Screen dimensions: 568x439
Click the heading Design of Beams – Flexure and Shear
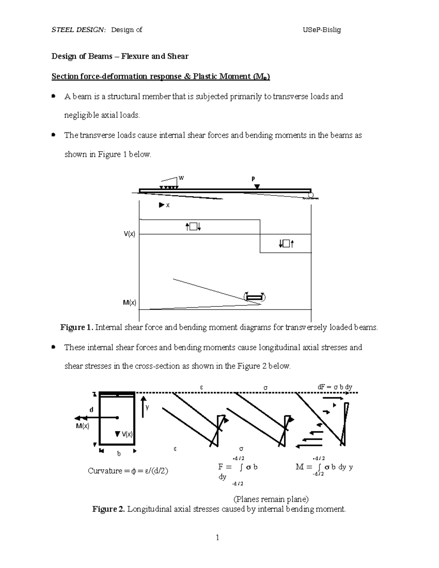120,56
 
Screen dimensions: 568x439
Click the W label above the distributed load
181,178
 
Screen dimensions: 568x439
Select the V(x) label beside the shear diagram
129,234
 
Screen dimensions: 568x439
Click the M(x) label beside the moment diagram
130,302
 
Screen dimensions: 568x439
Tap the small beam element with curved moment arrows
254,297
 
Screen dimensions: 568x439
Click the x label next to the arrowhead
168,206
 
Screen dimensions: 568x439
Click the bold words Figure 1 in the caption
76,327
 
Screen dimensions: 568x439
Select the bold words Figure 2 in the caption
109,509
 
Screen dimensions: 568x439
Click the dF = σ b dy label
335,387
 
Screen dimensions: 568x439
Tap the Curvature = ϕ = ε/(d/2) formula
128,471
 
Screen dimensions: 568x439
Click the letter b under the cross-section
119,454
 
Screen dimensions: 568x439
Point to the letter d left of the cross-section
91,410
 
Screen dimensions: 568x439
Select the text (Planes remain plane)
271,499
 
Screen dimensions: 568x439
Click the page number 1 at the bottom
217,537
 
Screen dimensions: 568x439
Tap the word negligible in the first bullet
81,115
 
